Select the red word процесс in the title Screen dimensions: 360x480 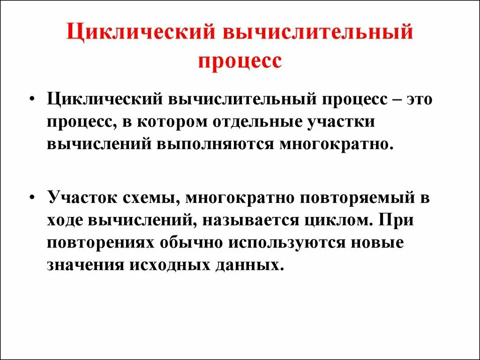pyautogui.click(x=240, y=62)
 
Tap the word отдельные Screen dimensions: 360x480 pyautogui.click(x=259, y=122)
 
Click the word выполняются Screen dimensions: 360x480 pyautogui.click(x=216, y=144)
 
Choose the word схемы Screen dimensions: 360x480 pyautogui.click(x=151, y=197)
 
